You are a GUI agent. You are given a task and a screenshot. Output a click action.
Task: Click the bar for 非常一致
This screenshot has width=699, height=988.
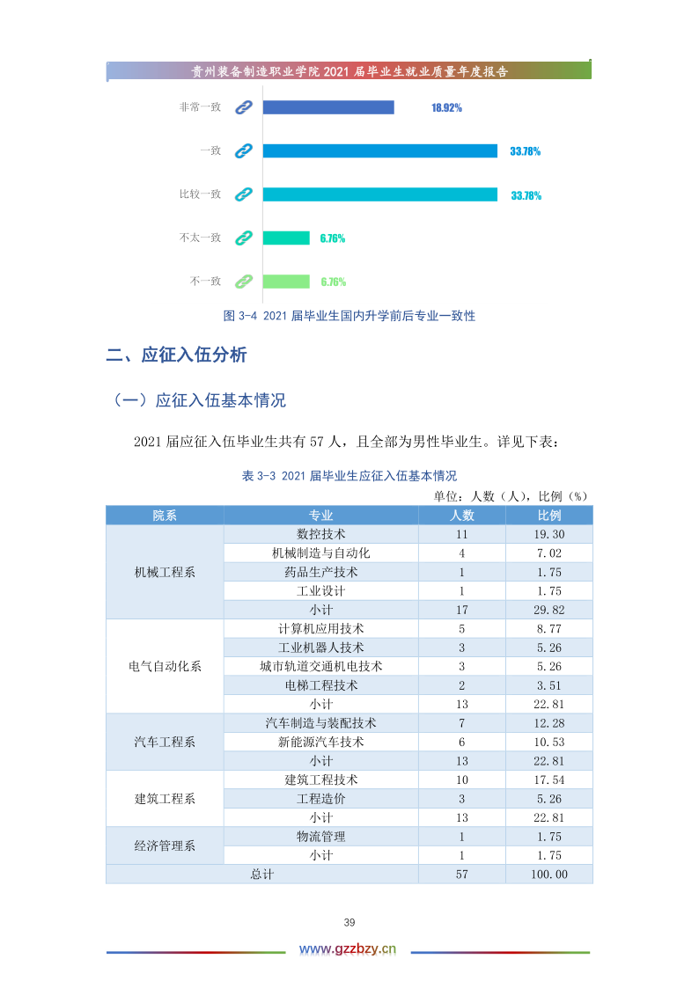pyautogui.click(x=327, y=107)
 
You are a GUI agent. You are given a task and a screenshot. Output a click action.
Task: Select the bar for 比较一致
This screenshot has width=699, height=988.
pyautogui.click(x=379, y=194)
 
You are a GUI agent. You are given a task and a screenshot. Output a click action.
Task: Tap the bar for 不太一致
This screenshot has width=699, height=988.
pyautogui.click(x=286, y=238)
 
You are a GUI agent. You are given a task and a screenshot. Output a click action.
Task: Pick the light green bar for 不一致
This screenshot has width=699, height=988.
pyautogui.click(x=286, y=282)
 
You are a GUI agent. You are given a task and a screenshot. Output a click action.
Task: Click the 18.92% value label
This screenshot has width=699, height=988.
pyautogui.click(x=446, y=107)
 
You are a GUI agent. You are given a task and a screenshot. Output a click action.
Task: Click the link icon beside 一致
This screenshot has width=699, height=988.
pyautogui.click(x=244, y=150)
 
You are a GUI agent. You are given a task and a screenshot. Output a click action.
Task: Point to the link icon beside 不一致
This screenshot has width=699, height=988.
pyautogui.click(x=244, y=282)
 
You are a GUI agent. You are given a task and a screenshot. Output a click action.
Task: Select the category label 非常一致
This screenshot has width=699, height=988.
pyautogui.click(x=200, y=107)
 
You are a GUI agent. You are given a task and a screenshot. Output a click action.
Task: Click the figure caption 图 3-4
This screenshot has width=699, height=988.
pyautogui.click(x=349, y=315)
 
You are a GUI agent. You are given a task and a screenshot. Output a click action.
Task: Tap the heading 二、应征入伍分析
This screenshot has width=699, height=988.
pyautogui.click(x=176, y=355)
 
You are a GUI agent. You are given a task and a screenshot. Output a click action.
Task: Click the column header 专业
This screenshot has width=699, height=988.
pyautogui.click(x=320, y=516)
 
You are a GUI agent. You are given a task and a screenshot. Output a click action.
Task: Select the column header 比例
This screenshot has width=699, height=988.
pyautogui.click(x=549, y=516)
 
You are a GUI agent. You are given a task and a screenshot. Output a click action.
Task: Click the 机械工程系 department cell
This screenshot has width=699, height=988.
pyautogui.click(x=165, y=572)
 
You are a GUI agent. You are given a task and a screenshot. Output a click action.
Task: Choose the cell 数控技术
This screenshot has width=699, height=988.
pyautogui.click(x=320, y=534)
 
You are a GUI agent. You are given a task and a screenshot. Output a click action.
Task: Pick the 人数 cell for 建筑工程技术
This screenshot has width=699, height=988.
pyautogui.click(x=461, y=779)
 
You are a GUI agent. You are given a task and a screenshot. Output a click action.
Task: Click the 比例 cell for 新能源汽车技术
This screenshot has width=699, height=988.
pyautogui.click(x=549, y=742)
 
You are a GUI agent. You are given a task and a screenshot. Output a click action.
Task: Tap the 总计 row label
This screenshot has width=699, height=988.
pyautogui.click(x=262, y=875)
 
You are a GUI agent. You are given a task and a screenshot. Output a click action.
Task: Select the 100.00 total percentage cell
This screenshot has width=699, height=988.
pyautogui.click(x=549, y=875)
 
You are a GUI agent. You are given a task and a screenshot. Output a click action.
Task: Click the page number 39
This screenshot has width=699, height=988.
pyautogui.click(x=349, y=922)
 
